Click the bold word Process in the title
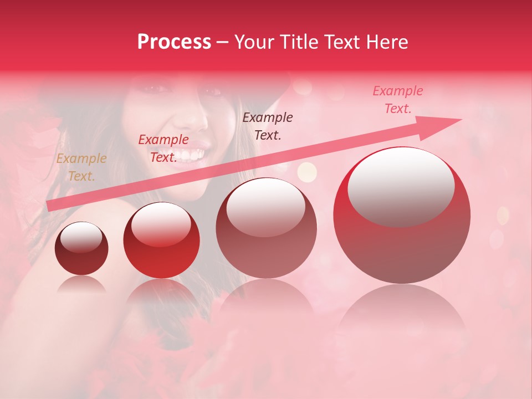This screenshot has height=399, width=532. click(x=174, y=42)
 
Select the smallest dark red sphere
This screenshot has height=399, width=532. click(x=81, y=248)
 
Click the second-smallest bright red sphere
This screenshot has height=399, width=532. click(x=161, y=240)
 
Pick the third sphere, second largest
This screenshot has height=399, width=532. click(x=267, y=228)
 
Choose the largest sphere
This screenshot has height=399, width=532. click(x=402, y=215)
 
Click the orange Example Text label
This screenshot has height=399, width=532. click(x=81, y=167)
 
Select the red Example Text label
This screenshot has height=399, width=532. click(x=163, y=149)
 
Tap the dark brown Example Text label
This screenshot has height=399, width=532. click(x=268, y=126)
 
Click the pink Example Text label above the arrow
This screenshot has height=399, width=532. click(x=398, y=100)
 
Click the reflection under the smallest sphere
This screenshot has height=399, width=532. click(x=81, y=285)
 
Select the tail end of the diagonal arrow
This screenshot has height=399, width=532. click(x=51, y=206)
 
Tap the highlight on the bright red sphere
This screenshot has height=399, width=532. click(x=161, y=224)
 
